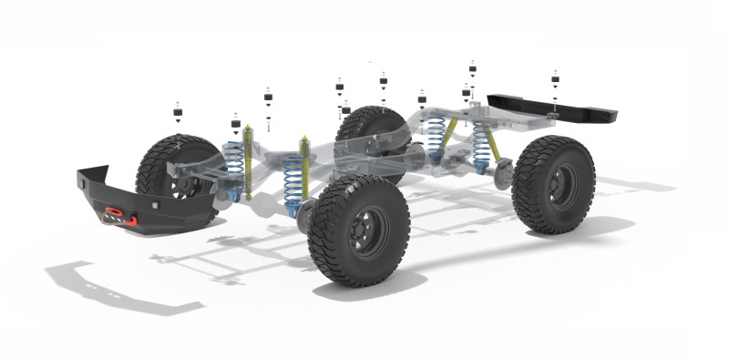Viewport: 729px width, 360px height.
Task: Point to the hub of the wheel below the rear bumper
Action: [554, 185]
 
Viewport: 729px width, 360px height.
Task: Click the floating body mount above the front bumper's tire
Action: [178, 115]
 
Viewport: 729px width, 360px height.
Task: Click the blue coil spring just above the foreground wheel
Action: [293, 181]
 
